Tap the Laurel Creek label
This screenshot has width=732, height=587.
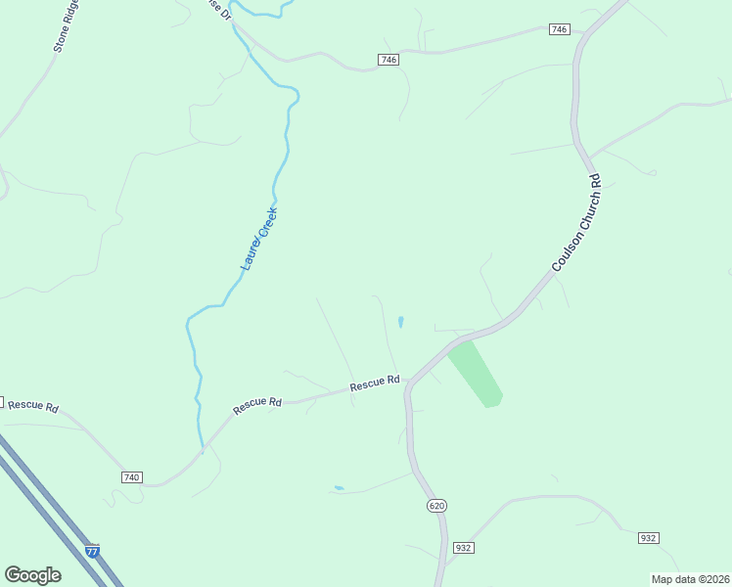click(x=259, y=239)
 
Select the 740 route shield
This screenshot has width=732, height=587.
click(x=132, y=477)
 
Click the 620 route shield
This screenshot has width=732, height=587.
click(x=436, y=505)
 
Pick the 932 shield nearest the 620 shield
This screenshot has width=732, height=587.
click(x=464, y=548)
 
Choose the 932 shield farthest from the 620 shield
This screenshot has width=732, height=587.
click(x=648, y=538)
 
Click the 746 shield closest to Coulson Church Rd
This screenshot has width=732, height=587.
click(x=559, y=30)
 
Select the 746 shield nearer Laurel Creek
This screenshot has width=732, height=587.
click(x=389, y=61)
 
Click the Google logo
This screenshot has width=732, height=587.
click(x=32, y=575)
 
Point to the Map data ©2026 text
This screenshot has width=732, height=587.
click(x=690, y=579)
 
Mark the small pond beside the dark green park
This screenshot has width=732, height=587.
click(x=400, y=322)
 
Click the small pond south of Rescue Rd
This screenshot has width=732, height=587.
click(x=339, y=488)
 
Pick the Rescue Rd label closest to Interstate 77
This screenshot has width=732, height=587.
click(x=32, y=406)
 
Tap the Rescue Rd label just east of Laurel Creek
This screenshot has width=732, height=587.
click(x=257, y=402)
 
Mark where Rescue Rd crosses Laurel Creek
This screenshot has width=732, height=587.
click(x=203, y=449)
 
